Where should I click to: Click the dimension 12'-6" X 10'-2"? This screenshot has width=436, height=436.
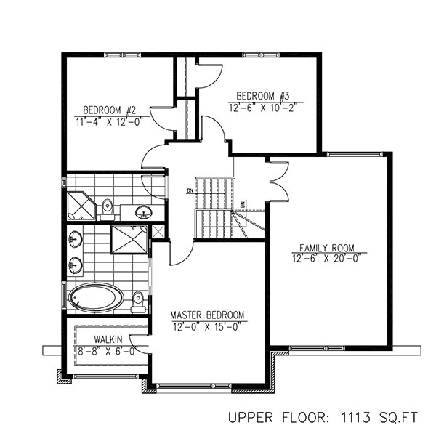coord(262,106)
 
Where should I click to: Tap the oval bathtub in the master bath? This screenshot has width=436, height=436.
coord(96,298)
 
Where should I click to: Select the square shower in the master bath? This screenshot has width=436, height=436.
coord(129,238)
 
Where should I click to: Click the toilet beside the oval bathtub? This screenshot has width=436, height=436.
coord(138,299)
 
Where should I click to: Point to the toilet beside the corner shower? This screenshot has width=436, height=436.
coord(108,207)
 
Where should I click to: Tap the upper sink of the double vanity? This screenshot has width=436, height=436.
coord(74,238)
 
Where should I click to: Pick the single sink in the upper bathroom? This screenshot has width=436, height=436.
coord(144,212)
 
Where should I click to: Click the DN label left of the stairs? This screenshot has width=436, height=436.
coord(190,191)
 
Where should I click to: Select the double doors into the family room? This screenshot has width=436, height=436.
coord(277,179)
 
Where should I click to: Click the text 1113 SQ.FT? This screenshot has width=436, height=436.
coord(375,419)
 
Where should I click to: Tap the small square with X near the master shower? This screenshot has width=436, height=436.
coord(159,232)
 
